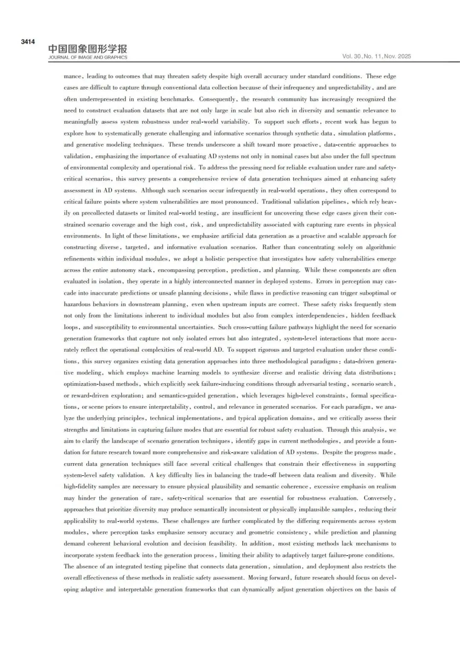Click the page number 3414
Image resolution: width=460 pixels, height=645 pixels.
coord(28,42)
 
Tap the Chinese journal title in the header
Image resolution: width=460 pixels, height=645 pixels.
coord(87,49)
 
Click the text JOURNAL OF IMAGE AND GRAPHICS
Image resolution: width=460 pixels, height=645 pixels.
coord(87,57)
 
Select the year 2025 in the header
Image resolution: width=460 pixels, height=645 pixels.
coord(404,56)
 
